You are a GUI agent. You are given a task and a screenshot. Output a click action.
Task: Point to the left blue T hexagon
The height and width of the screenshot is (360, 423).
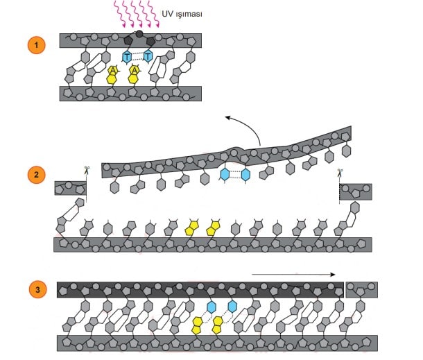(x=127, y=55)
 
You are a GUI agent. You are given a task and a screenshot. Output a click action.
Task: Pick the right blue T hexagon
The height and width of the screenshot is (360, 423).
(x=147, y=55)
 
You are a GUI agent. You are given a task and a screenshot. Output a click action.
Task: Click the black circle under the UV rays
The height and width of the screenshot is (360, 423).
(x=139, y=33)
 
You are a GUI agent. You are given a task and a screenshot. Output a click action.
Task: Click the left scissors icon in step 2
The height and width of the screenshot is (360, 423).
(x=87, y=171)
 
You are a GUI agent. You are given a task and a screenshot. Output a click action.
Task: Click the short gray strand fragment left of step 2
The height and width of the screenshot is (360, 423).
(x=71, y=188)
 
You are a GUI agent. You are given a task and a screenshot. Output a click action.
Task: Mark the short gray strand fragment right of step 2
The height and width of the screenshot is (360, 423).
(x=356, y=191)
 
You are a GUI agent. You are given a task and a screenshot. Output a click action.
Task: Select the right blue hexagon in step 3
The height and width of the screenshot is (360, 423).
(x=232, y=306)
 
